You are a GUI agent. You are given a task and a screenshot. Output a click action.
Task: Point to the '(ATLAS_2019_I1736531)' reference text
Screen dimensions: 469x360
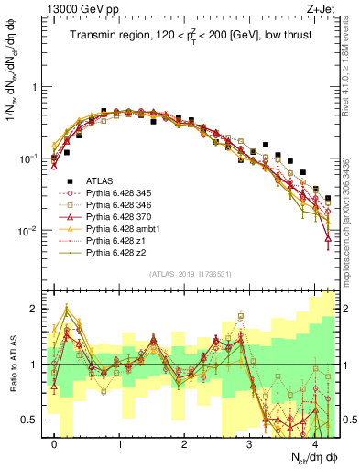click(191, 274)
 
